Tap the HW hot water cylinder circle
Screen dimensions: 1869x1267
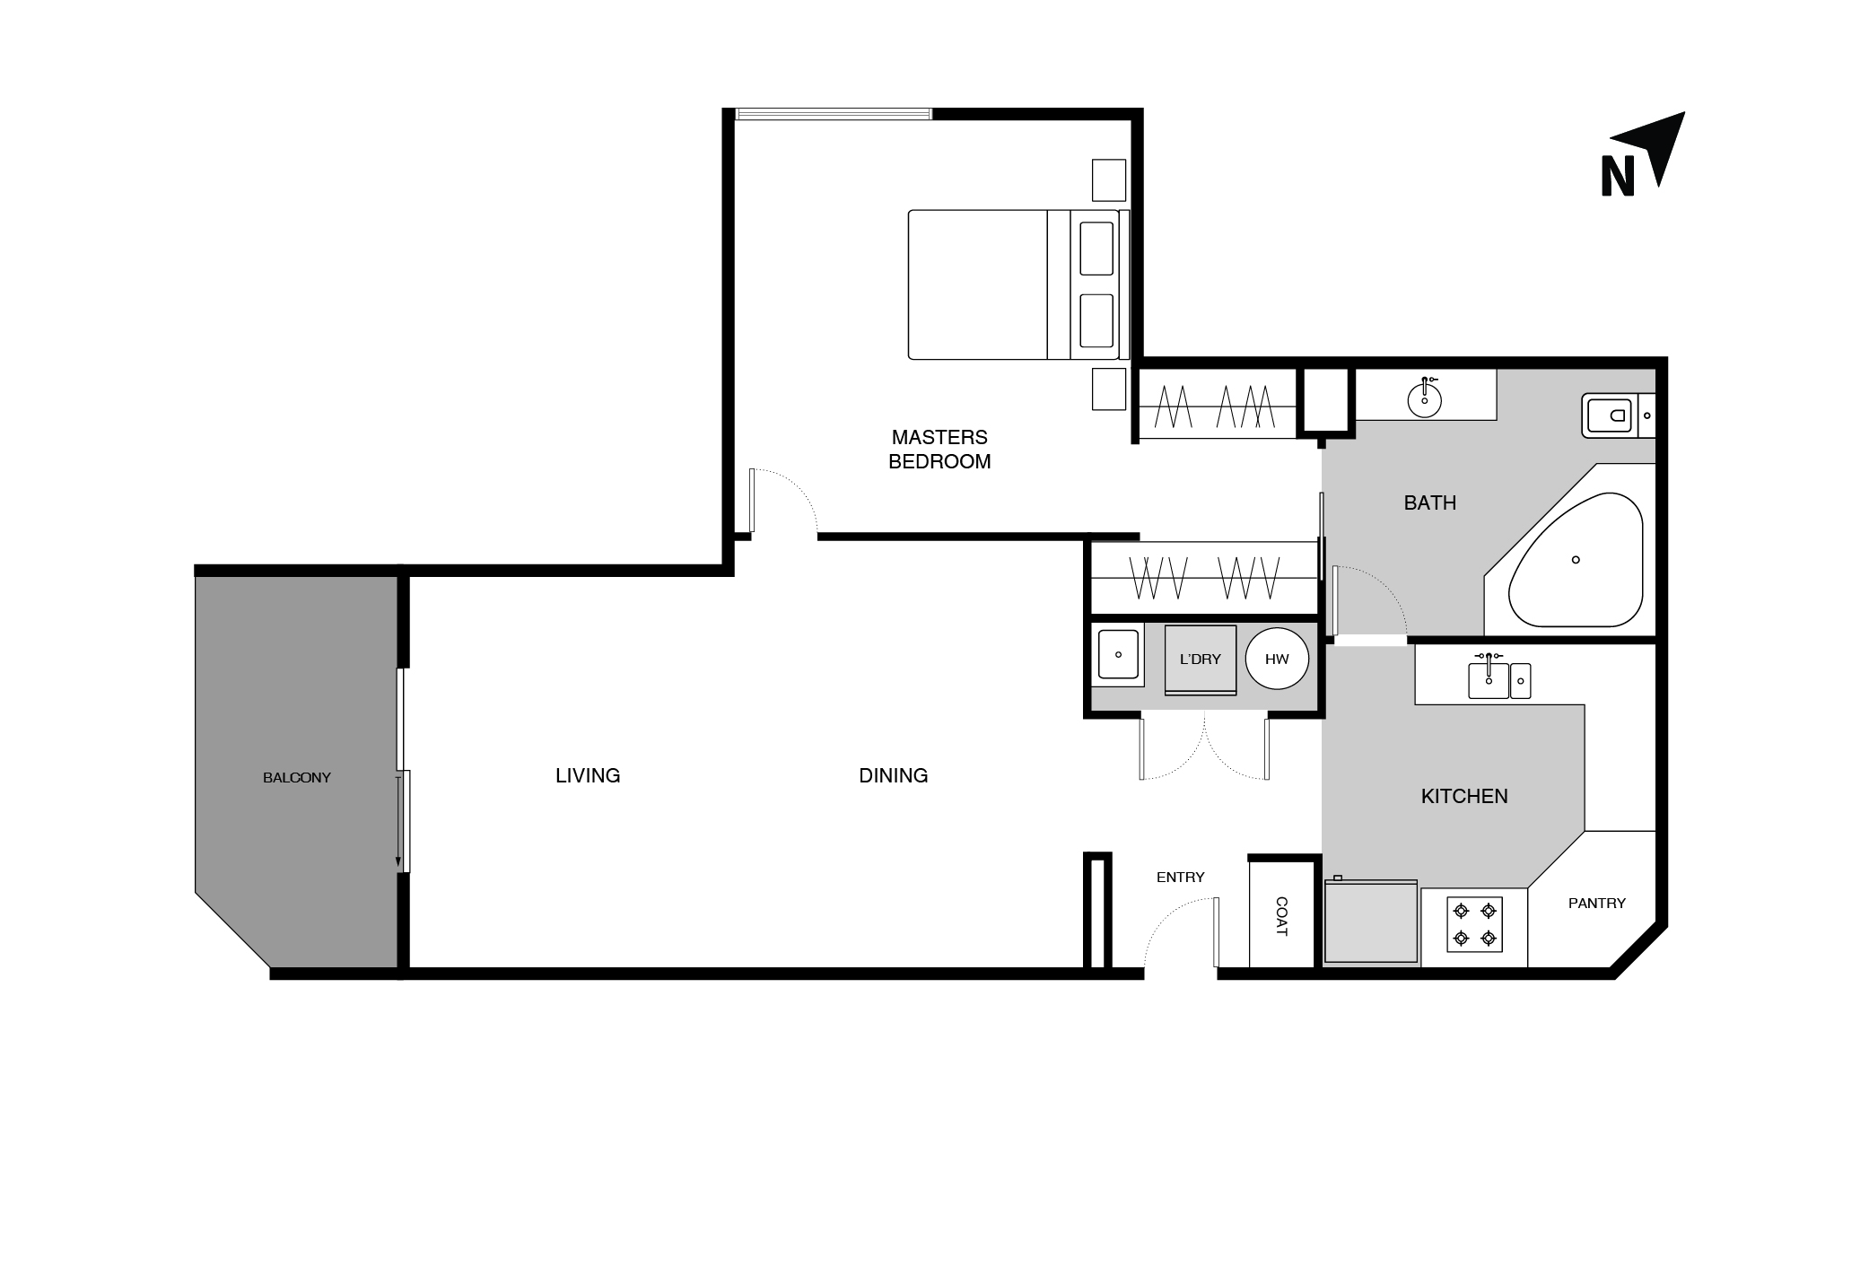point(1277,659)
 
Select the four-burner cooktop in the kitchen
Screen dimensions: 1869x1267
point(1474,925)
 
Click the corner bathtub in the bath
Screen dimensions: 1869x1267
point(1576,560)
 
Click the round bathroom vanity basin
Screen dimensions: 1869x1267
point(1424,399)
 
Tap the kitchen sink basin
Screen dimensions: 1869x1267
point(1489,680)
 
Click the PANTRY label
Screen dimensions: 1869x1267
point(1597,904)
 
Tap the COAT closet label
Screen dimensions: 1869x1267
point(1281,916)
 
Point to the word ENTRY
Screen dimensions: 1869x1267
point(1181,878)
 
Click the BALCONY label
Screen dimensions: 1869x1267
point(297,778)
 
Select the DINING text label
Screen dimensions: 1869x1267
point(894,775)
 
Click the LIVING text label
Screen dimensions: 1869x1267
point(588,775)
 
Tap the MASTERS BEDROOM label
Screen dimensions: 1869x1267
point(939,450)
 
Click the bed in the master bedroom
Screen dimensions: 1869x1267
point(1017,284)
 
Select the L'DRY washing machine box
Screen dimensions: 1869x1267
point(1201,660)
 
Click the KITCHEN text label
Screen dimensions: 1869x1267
point(1464,796)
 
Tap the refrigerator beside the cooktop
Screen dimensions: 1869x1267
point(1371,922)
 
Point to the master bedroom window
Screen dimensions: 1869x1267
point(834,114)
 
